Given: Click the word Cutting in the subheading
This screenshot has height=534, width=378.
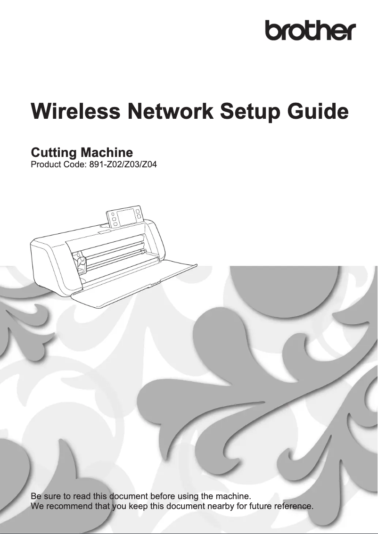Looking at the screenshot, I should pyautogui.click(x=53, y=153).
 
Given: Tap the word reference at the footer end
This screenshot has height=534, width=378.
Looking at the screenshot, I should pyautogui.click(x=294, y=507).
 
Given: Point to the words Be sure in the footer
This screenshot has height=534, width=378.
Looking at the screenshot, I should pyautogui.click(x=44, y=496).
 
